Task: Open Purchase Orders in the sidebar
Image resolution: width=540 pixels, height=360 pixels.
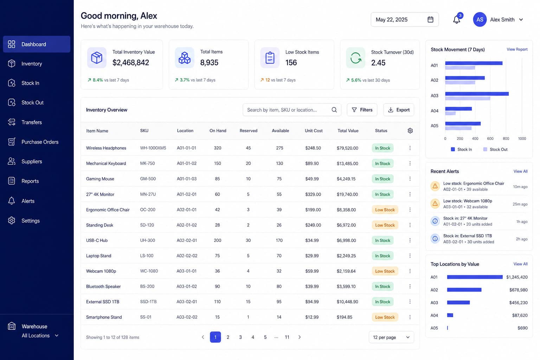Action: point(40,142)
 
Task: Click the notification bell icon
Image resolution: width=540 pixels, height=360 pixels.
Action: point(456,20)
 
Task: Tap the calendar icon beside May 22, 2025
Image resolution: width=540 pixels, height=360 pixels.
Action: point(430,20)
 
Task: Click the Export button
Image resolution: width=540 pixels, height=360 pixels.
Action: point(398,110)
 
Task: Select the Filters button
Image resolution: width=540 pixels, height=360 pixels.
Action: point(362,110)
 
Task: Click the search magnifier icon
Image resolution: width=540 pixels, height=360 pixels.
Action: point(334,110)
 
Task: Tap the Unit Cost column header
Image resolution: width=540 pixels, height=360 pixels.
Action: point(313,131)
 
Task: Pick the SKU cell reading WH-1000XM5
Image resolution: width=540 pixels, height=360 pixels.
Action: point(153,148)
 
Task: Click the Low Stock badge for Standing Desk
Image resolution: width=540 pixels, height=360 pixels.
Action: point(385,225)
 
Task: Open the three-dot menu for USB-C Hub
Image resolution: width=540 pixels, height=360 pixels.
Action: point(410,240)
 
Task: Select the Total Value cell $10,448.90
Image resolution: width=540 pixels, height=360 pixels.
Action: point(347,302)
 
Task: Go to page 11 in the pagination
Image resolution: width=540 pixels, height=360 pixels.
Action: point(287,337)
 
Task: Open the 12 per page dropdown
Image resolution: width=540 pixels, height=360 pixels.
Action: point(391,337)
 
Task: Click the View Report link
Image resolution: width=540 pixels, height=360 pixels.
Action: point(517,49)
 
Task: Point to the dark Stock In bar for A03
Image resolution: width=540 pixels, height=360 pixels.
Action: point(477,94)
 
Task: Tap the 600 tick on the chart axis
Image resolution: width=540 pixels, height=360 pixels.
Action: point(490,139)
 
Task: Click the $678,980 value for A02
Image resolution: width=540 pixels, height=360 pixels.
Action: point(518,290)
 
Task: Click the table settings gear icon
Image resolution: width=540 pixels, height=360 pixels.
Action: point(410,131)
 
